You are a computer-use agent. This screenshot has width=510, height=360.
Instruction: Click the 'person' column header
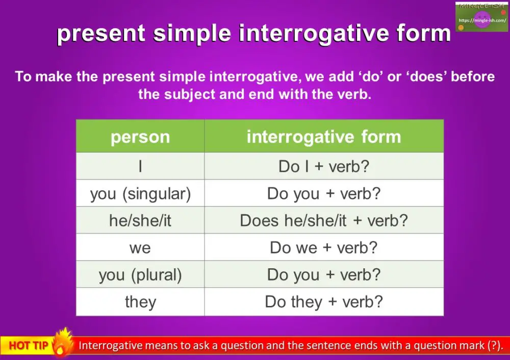(140, 137)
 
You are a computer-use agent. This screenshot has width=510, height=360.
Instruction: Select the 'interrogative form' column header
(324, 137)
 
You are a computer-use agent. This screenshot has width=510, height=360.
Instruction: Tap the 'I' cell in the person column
(140, 166)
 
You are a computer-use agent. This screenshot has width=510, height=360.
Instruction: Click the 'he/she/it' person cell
(140, 220)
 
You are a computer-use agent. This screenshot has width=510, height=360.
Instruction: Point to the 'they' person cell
(140, 302)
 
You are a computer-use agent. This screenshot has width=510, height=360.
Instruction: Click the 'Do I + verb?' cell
(324, 166)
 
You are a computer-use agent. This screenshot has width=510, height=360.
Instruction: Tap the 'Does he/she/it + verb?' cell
(324, 220)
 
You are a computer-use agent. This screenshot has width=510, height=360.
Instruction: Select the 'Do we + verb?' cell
(324, 247)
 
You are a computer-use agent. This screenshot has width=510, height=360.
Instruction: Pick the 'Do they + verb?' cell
(324, 302)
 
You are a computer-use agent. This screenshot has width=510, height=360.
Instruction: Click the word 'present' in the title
(101, 34)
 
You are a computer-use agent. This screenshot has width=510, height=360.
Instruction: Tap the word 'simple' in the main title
(192, 34)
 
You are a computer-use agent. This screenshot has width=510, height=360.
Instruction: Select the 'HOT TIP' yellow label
(29, 345)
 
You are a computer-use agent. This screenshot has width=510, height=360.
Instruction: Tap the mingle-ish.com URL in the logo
(482, 20)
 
